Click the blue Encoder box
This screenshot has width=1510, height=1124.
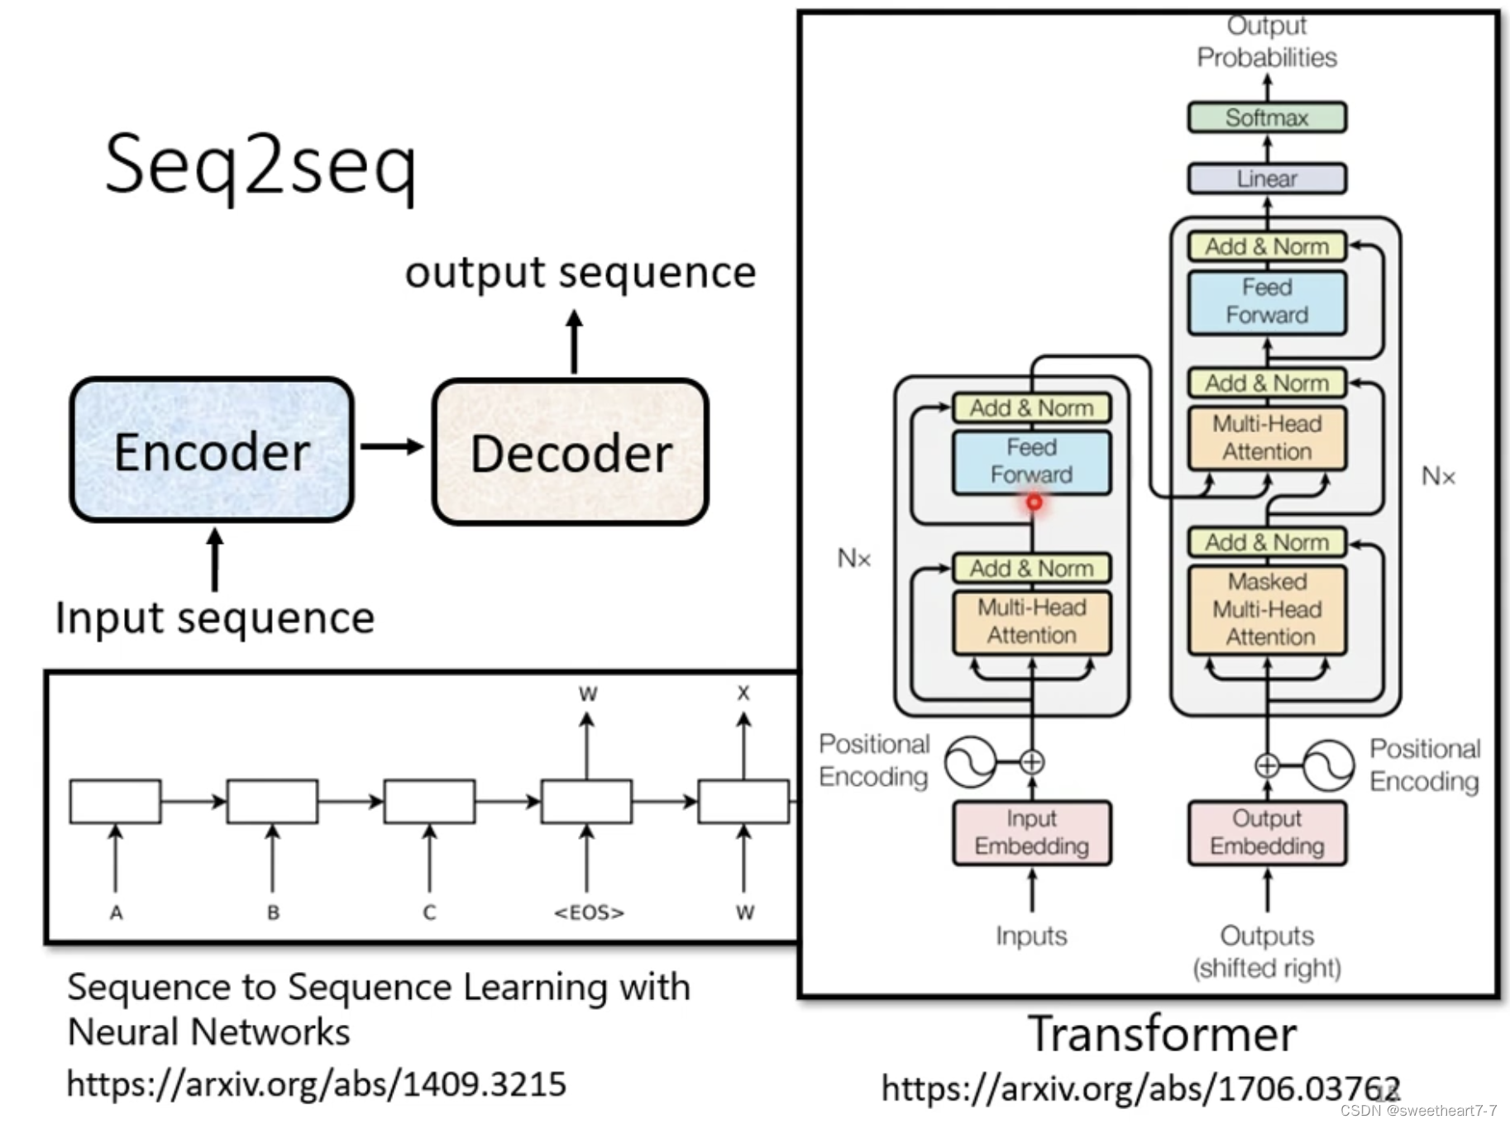(x=212, y=450)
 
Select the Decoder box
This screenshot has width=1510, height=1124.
(x=570, y=451)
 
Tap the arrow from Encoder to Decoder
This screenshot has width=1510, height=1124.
(x=392, y=447)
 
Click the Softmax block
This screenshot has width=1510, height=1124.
(x=1267, y=117)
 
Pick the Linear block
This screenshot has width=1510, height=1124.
(x=1267, y=179)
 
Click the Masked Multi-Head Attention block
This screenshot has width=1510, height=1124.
(x=1267, y=610)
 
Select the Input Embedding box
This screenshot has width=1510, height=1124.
(x=1031, y=833)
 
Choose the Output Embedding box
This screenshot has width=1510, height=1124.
(x=1267, y=833)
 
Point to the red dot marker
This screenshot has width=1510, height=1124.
(x=1034, y=502)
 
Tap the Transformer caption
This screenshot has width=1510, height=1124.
(x=1162, y=1034)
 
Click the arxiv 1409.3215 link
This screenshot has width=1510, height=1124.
(x=317, y=1084)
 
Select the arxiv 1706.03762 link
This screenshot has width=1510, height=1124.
(x=1141, y=1088)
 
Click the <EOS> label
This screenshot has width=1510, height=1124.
(x=589, y=912)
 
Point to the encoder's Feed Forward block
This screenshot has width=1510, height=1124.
(x=1031, y=462)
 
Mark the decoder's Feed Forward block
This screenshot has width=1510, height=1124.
(x=1267, y=302)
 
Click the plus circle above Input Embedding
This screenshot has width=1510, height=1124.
(x=1032, y=762)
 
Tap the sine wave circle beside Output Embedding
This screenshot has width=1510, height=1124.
(x=1329, y=765)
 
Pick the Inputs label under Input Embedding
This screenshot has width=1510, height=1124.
(x=1031, y=936)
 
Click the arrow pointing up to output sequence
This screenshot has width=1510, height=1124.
(x=575, y=341)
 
